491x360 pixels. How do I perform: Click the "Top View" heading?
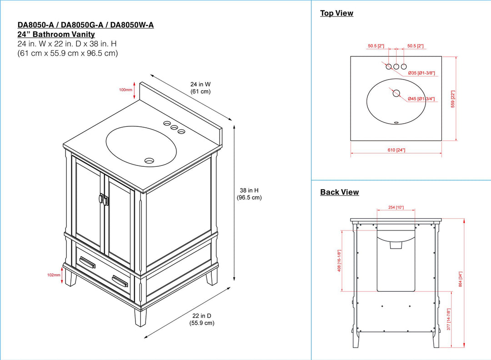coord(336,13)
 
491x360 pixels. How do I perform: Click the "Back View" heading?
coord(339,192)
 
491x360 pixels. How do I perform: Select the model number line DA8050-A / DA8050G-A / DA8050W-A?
coord(85,25)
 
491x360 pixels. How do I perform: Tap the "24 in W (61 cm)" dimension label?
coord(200,88)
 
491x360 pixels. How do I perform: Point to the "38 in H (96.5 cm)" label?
coord(249,194)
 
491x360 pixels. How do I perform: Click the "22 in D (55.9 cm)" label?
coord(202,319)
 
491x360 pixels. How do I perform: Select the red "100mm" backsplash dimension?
coord(125,90)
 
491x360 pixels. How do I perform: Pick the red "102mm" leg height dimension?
coord(54,275)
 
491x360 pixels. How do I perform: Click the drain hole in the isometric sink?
coord(149,160)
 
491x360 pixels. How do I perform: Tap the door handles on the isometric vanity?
coord(103,200)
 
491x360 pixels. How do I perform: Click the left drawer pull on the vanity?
coord(87,262)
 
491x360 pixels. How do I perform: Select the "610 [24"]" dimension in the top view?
coord(396,150)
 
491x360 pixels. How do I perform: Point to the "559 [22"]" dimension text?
coord(453,99)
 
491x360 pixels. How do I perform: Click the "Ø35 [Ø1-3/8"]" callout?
coord(421,73)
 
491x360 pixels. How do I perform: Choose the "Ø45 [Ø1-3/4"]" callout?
coord(421,99)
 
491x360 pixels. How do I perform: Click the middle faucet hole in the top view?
coord(396,67)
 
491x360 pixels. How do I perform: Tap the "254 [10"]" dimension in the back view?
coord(396,208)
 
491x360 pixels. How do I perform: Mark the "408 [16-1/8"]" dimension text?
coord(339,260)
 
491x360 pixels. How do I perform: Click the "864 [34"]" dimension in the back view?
coord(460,279)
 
